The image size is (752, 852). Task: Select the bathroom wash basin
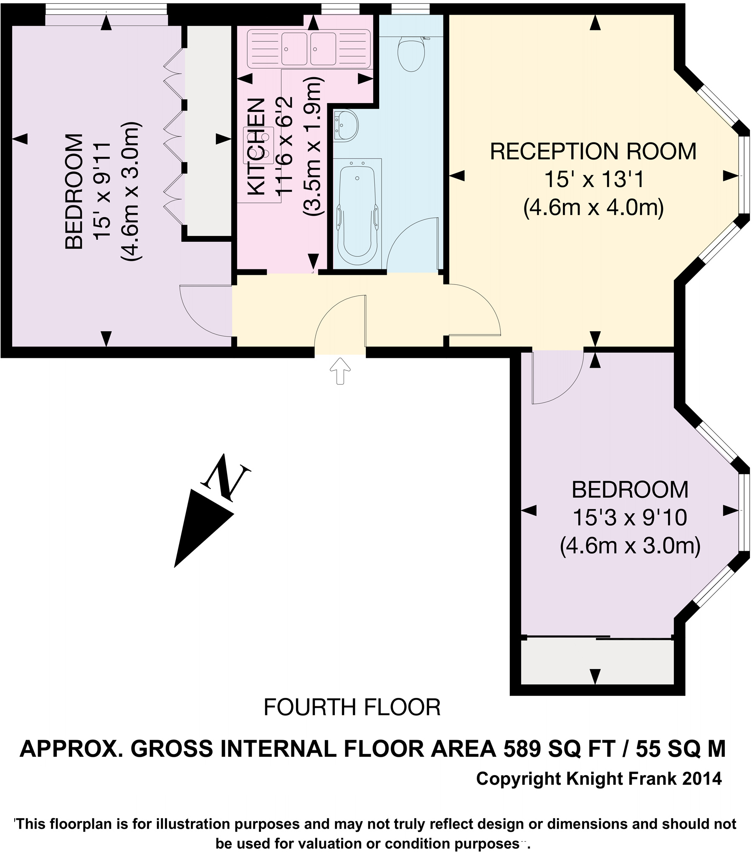[x=345, y=124]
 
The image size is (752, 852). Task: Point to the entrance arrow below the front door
[x=340, y=370]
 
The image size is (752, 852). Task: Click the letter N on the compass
[x=226, y=478]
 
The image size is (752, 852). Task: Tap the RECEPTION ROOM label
[x=593, y=152]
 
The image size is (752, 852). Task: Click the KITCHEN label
[x=256, y=147]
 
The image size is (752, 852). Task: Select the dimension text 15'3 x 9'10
[x=630, y=518]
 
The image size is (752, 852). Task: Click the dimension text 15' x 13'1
[x=593, y=180]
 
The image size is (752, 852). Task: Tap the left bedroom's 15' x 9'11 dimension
[x=102, y=191]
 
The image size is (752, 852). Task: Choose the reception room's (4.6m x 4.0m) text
[x=593, y=208]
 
